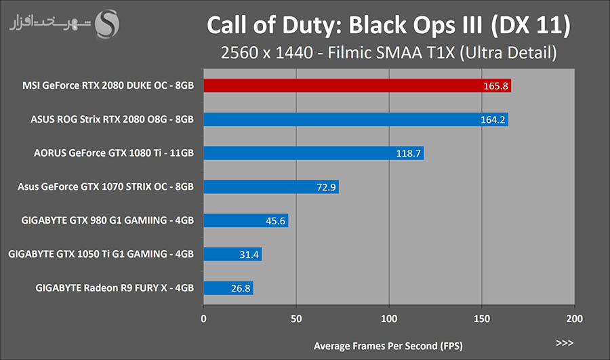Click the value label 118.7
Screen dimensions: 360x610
pyautogui.click(x=409, y=154)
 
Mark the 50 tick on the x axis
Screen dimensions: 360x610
pyautogui.click(x=296, y=317)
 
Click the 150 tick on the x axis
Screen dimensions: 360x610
pyautogui.click(x=482, y=317)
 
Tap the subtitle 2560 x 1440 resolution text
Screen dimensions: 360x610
pyautogui.click(x=388, y=52)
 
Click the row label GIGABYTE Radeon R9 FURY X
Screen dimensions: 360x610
pyautogui.click(x=115, y=288)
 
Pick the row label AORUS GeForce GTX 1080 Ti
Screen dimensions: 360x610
pyautogui.click(x=114, y=153)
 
